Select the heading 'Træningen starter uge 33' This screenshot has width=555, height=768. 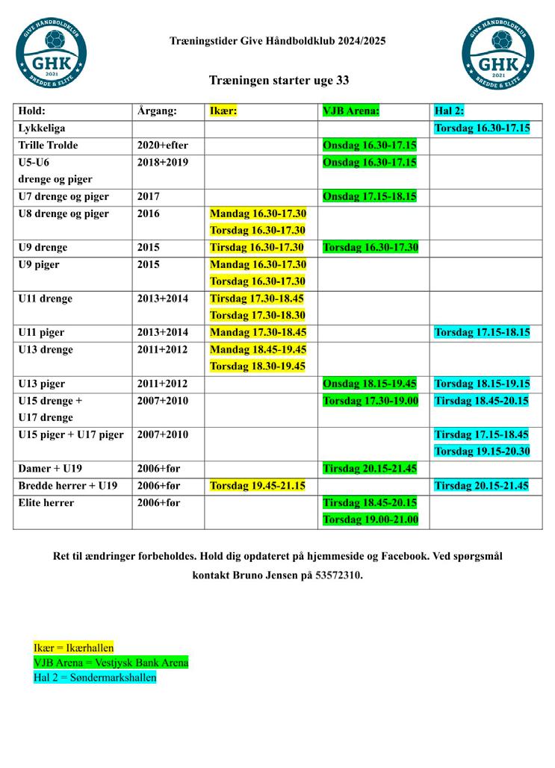pos(279,80)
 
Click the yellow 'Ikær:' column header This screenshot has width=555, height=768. pos(223,111)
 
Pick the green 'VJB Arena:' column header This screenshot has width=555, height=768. pos(351,111)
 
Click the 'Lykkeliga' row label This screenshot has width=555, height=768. pos(42,128)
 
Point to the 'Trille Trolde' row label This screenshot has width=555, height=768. pos(49,145)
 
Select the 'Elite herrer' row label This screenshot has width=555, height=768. pos(46,503)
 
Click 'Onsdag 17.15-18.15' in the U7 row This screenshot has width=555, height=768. pos(369,196)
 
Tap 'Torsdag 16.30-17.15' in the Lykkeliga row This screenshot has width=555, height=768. pos(482,128)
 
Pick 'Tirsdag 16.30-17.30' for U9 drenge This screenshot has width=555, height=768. pos(257,247)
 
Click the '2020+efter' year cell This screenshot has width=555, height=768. pos(163,145)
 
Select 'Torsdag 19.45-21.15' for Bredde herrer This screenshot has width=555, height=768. pos(257,486)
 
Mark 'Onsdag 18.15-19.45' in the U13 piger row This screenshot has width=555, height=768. pos(369,384)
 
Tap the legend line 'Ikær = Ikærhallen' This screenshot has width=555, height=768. pos(74,648)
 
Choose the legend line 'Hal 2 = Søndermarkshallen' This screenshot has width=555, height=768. pos(95,678)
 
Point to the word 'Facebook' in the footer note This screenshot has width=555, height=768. pos(406,557)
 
